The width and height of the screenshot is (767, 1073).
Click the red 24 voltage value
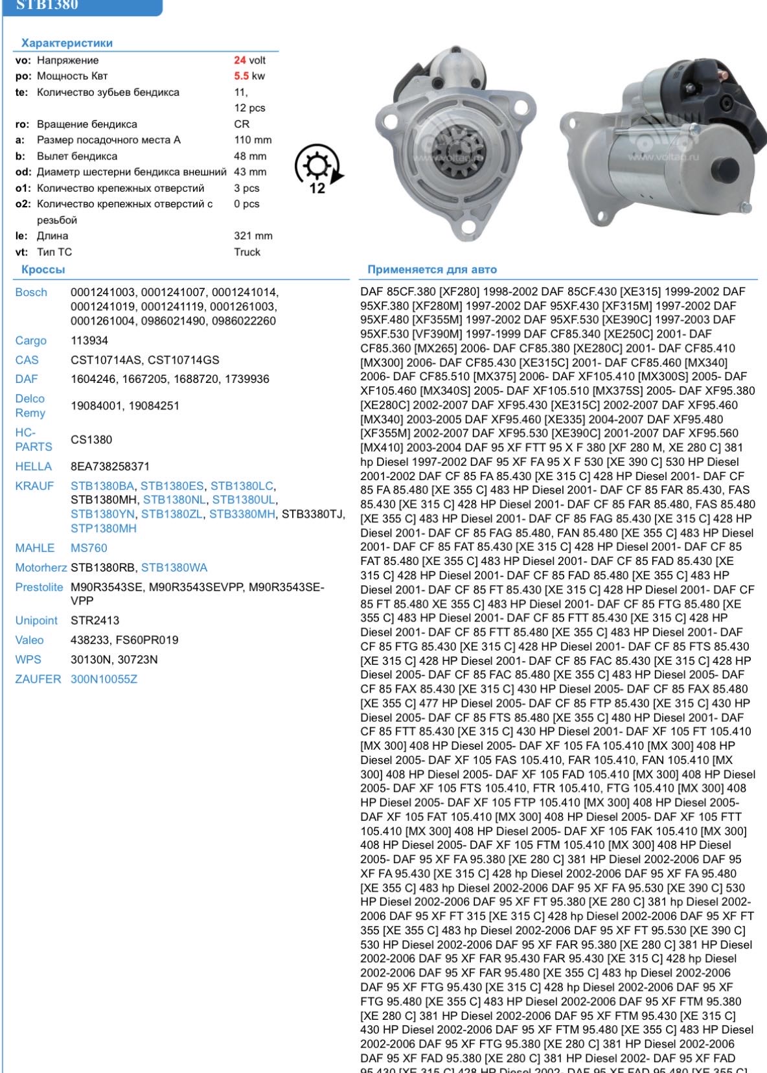[x=240, y=60]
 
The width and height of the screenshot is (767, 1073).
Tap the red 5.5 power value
[x=241, y=76]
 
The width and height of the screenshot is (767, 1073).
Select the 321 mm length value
[x=253, y=236]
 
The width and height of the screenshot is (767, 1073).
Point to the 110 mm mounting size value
[x=253, y=140]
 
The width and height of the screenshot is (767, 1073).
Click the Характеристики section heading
[x=67, y=43]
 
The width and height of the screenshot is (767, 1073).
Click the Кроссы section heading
[x=43, y=270]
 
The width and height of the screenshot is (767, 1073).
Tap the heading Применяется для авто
[x=432, y=270]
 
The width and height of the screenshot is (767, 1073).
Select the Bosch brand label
[x=31, y=292]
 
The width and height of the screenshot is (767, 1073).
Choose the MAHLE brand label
[x=35, y=548]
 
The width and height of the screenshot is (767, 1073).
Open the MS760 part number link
[x=89, y=548]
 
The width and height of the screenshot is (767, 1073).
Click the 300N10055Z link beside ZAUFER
[x=104, y=679]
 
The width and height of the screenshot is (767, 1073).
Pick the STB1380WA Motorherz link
[x=174, y=568]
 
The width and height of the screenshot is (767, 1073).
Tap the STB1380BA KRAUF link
[x=102, y=486]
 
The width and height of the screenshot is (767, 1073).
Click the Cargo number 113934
[x=89, y=341]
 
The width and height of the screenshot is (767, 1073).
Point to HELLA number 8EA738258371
[x=110, y=467]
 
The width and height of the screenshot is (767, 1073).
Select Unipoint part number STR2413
[x=95, y=620]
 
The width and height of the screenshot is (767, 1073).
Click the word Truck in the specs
[x=247, y=252]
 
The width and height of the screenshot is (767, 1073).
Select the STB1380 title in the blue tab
[x=47, y=5]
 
